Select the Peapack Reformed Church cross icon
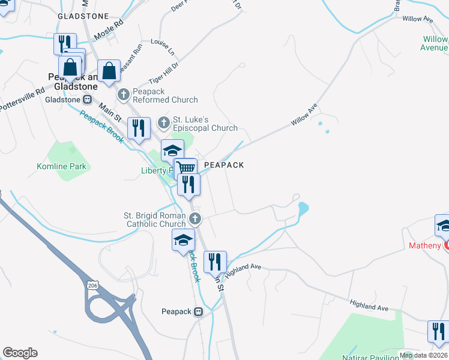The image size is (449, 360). pos(124,94)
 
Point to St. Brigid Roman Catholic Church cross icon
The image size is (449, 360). pos(194,218)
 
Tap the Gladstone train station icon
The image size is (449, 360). pos(87,100)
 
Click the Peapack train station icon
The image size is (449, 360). pos(199,311)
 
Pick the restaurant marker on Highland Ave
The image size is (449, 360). pos(215,262)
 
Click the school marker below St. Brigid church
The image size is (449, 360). pos(183,241)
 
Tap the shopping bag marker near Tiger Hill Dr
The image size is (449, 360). pos(109,71)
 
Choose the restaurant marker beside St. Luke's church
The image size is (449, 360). pos(139,128)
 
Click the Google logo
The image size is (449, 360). pos(20,353)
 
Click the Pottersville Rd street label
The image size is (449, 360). pos(22,100)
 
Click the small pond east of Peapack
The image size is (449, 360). pos(303,209)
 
